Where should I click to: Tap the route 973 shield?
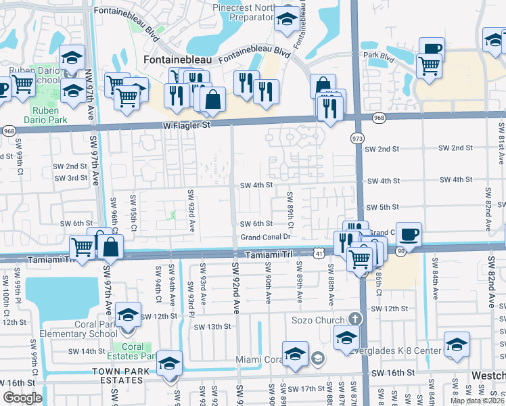(356, 138)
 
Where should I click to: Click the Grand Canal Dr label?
(265, 238)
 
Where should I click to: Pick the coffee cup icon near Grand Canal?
(409, 234)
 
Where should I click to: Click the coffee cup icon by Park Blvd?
(432, 47)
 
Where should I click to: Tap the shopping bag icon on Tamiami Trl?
(111, 247)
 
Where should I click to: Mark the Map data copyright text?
(478, 401)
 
